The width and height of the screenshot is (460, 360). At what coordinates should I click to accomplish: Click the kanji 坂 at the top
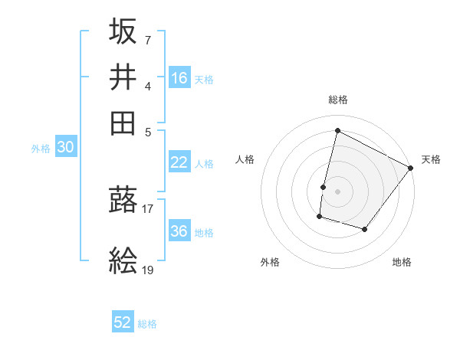[x=123, y=31]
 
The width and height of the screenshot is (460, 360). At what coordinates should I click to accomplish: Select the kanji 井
[x=123, y=77]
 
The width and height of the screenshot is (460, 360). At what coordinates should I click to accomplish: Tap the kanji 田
[x=123, y=123]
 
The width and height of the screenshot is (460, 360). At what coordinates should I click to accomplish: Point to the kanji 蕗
[x=123, y=201]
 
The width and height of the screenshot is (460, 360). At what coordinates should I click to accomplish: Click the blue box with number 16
[x=179, y=78]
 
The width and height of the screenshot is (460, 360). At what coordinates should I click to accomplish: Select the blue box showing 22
[x=179, y=162]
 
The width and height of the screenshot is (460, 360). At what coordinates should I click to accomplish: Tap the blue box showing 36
[x=179, y=231]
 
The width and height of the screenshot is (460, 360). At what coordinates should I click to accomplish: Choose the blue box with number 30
[x=65, y=148]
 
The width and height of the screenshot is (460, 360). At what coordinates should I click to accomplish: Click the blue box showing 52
[x=123, y=322]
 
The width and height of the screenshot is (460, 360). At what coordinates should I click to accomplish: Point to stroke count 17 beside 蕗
[x=148, y=207]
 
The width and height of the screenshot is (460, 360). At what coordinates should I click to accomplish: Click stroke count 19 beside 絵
[x=148, y=269]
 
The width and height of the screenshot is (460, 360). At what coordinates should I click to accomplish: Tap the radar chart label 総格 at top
[x=337, y=100]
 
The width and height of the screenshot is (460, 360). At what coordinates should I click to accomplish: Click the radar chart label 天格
[x=431, y=159]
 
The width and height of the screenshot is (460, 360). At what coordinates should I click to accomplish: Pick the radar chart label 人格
[x=245, y=159]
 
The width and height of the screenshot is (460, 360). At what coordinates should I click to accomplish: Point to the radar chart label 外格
[x=270, y=263]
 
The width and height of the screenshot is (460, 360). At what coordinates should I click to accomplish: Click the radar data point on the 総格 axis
[x=337, y=131]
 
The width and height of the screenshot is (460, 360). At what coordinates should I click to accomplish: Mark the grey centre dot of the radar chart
[x=337, y=191]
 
